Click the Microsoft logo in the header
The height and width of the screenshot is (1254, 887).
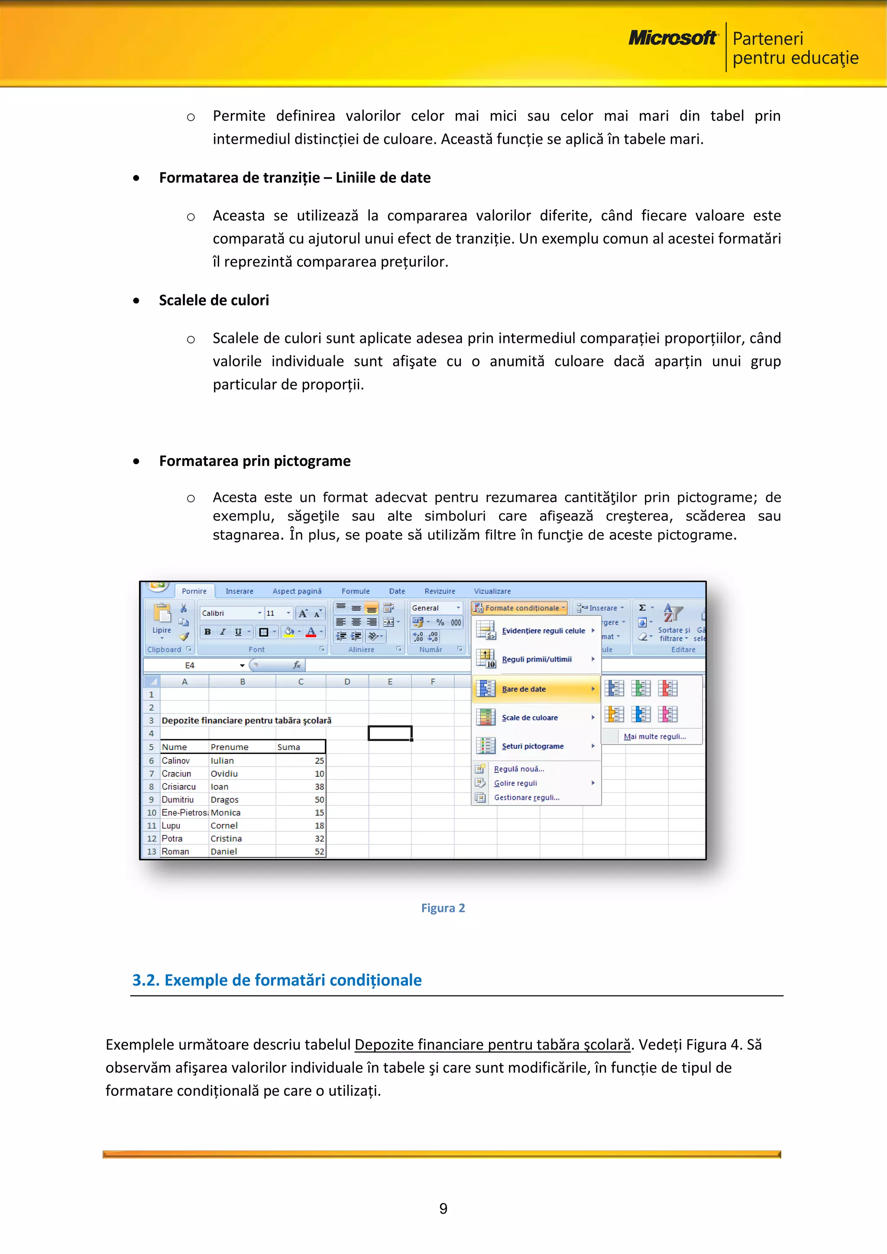672,38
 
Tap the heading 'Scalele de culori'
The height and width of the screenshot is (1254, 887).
214,301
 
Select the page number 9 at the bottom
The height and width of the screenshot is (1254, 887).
443,1208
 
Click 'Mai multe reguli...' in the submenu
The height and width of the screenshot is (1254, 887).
654,736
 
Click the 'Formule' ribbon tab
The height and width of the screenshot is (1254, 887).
356,591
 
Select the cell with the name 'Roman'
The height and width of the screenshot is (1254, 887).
184,851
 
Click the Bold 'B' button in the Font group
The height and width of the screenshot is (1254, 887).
207,632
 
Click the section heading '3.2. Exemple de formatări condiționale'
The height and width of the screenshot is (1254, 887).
276,980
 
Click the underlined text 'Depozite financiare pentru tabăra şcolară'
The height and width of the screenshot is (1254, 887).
492,1044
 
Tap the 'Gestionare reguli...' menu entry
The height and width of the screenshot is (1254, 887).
527,798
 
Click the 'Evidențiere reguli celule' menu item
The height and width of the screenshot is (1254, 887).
543,631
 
